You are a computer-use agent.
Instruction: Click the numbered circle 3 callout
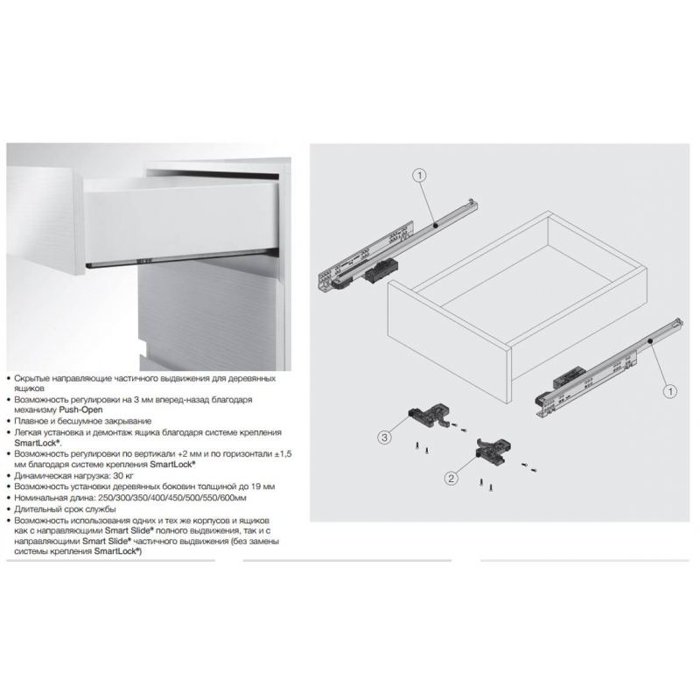385,437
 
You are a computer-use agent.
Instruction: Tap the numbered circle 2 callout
451,479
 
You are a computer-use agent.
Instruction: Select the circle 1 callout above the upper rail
419,176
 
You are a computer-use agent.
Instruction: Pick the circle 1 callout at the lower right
669,391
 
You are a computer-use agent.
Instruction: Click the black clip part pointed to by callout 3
428,414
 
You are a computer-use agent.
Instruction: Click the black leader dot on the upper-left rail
435,226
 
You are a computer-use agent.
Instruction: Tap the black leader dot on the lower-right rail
650,341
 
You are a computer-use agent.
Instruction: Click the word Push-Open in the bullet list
80,409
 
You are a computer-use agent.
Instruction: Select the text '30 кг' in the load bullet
123,475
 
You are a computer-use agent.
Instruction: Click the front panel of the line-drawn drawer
449,343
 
